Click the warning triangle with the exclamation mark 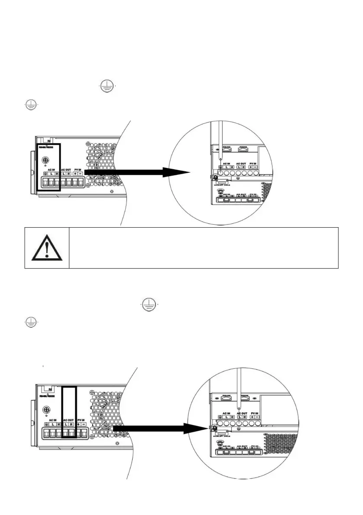pos(47,249)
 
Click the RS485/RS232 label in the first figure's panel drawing pos(46,147)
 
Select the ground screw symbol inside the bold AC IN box pos(45,160)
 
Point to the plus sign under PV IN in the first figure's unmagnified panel pos(76,174)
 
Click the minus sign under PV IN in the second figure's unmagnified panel pos(83,424)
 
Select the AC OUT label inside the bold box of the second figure pos(68,419)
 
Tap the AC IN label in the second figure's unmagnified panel pos(52,419)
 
